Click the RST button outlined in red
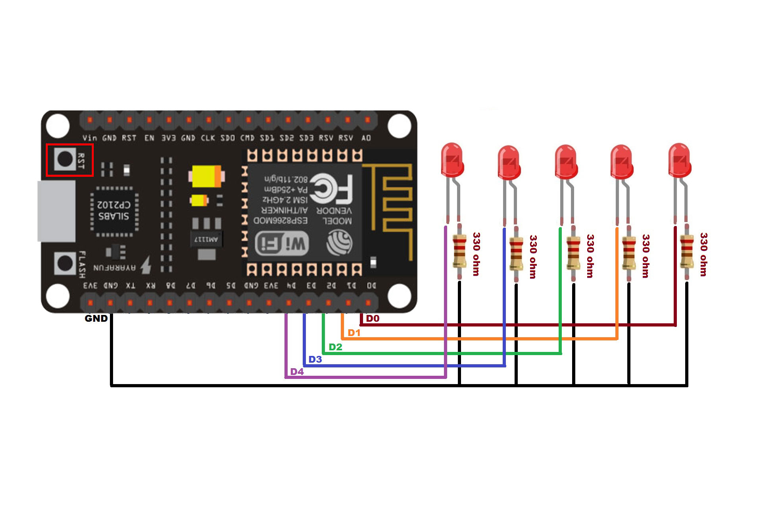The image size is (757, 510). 65,159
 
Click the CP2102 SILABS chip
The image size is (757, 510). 114,210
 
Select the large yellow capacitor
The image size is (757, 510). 206,176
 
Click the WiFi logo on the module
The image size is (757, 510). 282,243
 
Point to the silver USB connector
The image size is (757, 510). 56,211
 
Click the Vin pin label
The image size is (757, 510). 90,138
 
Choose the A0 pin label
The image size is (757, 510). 366,138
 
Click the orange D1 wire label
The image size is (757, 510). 354,333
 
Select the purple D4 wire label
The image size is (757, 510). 297,372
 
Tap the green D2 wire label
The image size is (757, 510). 335,347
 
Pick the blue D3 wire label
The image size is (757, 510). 315,359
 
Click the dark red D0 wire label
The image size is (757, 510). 373,319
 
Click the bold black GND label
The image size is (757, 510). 96,319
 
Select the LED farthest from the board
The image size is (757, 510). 680,160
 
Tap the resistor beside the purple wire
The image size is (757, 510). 459,251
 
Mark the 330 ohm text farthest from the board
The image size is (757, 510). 703,254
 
